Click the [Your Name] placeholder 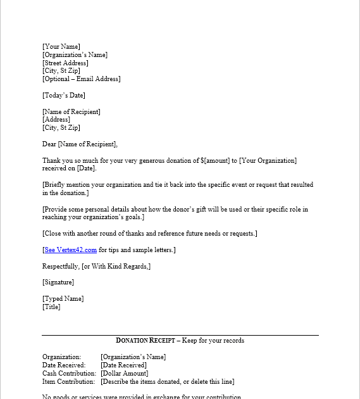(61, 46)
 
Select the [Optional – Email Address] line (81, 79)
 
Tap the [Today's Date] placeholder (63, 96)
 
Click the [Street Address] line (65, 63)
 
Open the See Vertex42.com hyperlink (70, 250)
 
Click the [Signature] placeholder (58, 282)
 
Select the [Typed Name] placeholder (63, 299)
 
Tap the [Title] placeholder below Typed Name (51, 307)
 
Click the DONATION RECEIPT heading (147, 341)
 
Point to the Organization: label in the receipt (62, 357)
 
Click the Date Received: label (64, 365)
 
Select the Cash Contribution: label (69, 374)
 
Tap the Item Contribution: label (69, 382)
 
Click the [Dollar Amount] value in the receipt (125, 374)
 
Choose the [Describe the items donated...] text (167, 382)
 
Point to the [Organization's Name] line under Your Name (75, 54)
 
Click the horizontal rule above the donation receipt (180, 335)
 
